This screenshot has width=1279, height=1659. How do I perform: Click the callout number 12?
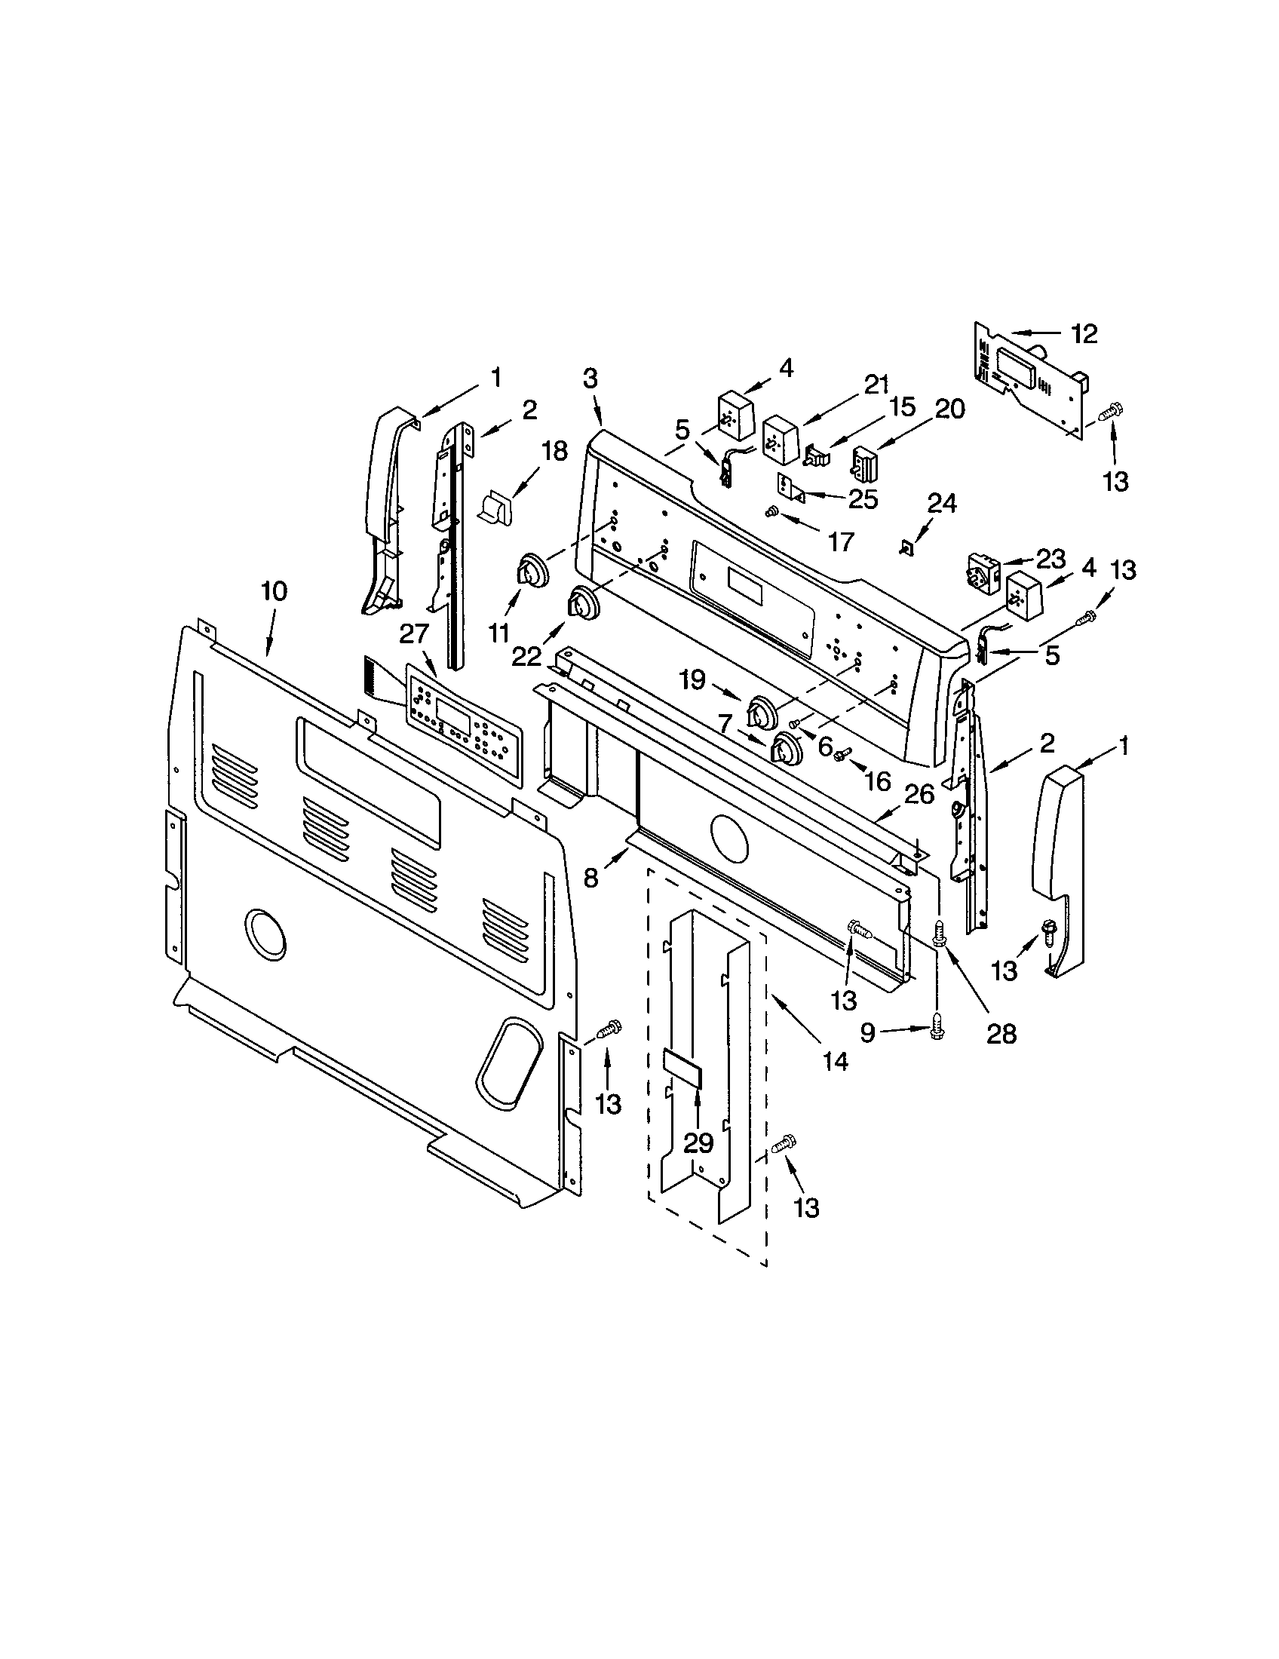coord(1085,333)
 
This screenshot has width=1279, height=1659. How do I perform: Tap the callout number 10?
coord(275,592)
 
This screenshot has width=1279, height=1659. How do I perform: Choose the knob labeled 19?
coord(762,712)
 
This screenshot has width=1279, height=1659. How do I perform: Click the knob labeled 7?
coord(787,748)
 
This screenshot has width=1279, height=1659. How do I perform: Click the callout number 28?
coord(1000,1032)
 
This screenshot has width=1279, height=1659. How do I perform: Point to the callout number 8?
coord(591,878)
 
